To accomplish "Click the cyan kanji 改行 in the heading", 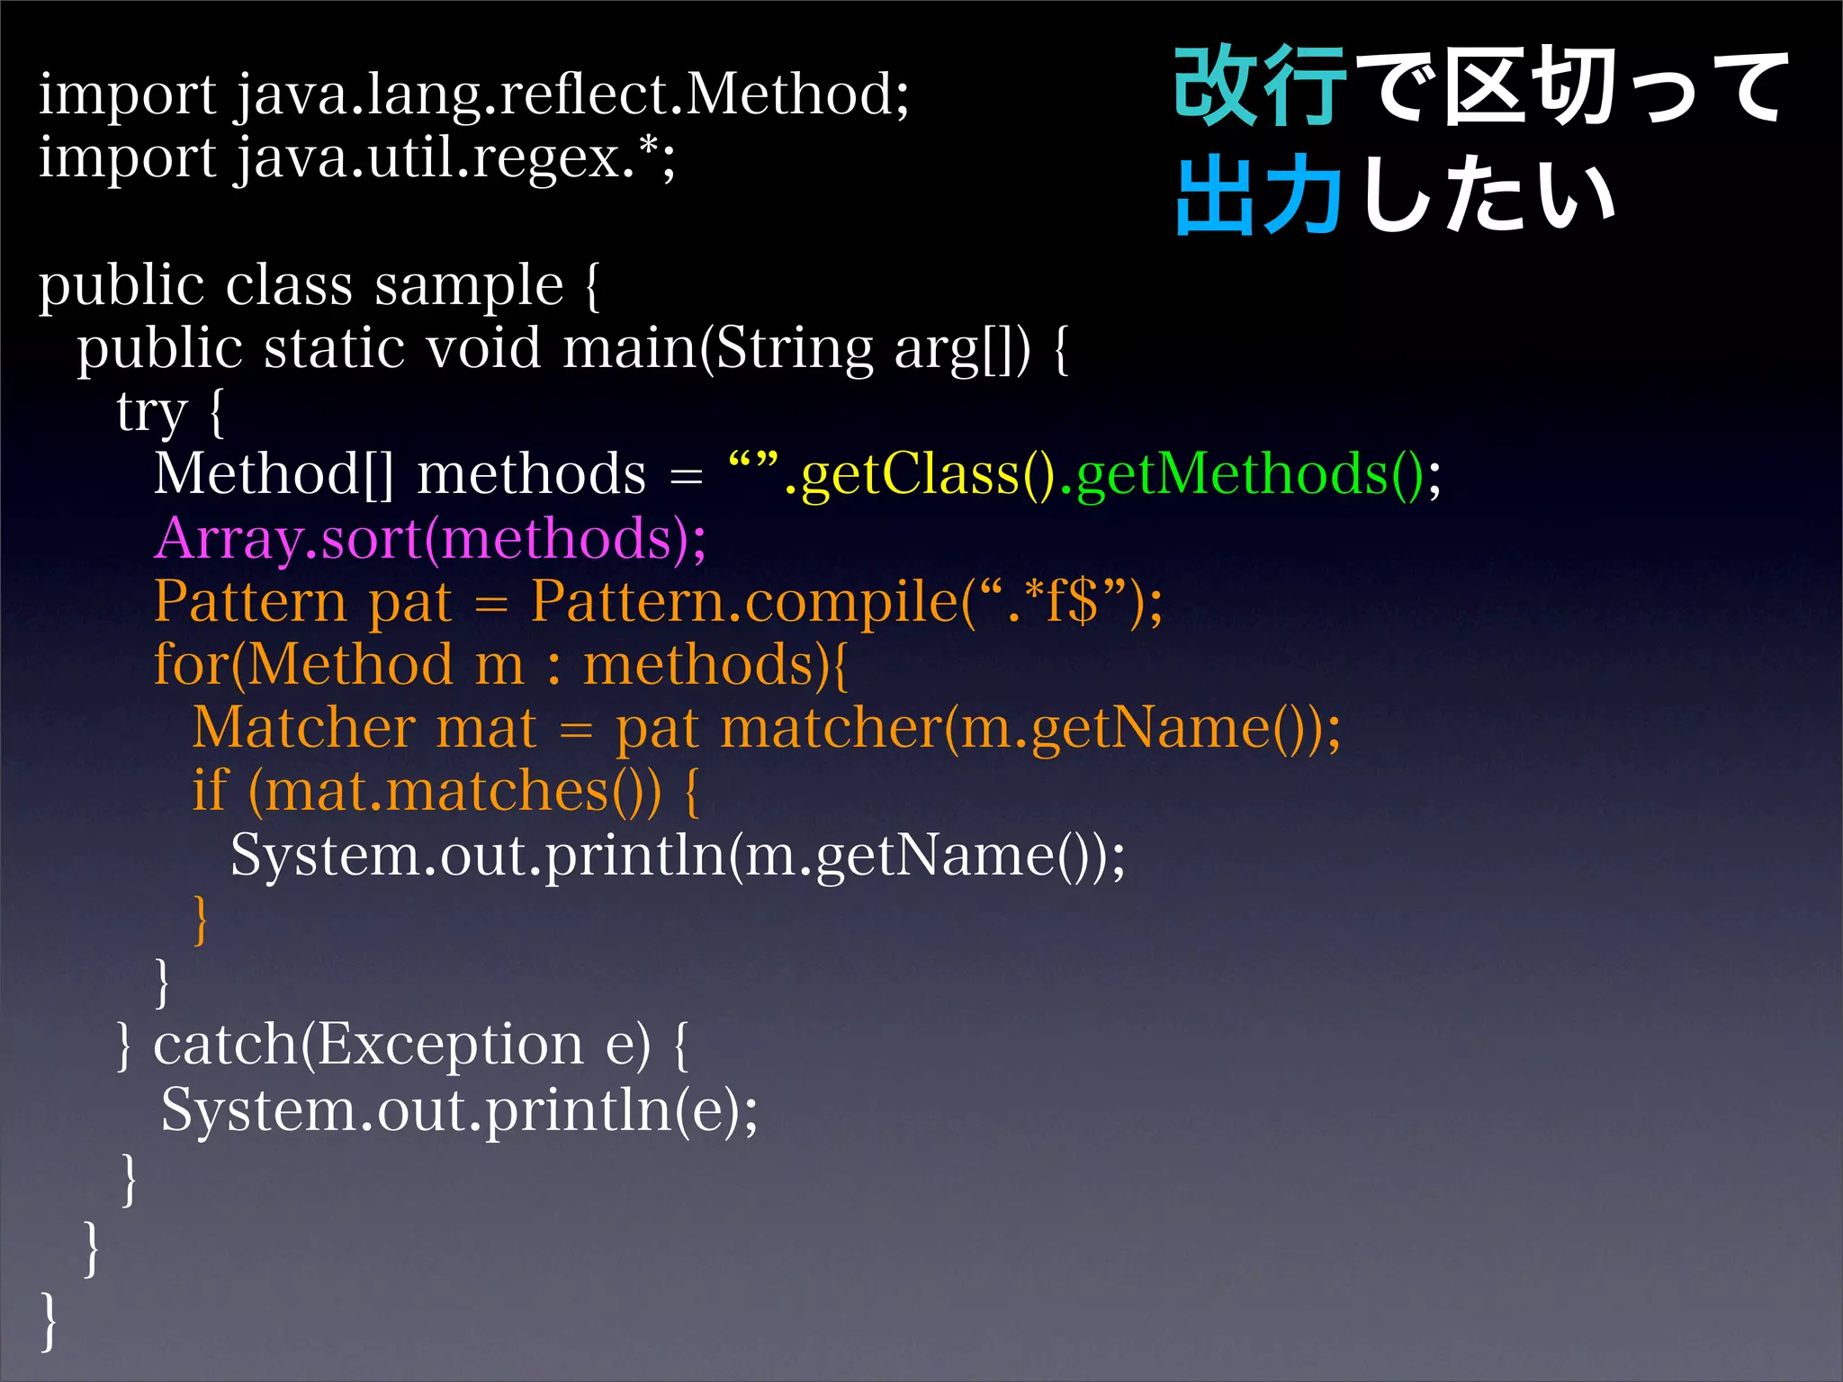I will tap(1260, 87).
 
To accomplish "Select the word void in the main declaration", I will tap(483, 349).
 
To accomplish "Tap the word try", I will tap(151, 412).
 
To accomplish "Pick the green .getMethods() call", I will tap(1242, 475).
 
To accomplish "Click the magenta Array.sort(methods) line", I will tap(430, 539).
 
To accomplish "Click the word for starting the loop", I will tap(191, 665).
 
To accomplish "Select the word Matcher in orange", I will tap(303, 728).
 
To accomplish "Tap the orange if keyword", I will tap(210, 791).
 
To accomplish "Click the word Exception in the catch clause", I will tap(450, 1045).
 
